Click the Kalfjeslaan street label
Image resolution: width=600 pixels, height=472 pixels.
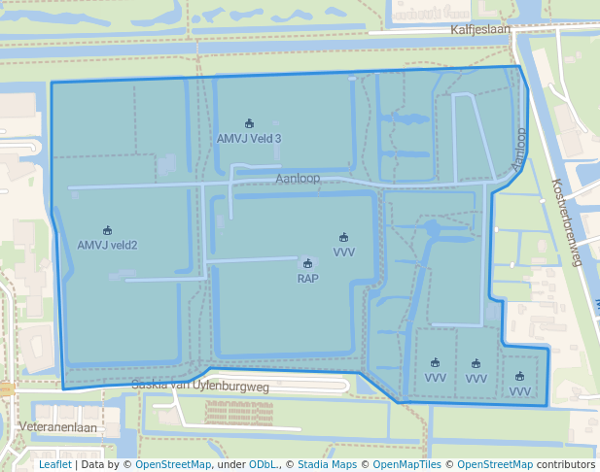(479, 30)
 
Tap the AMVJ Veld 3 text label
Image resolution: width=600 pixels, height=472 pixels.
(249, 139)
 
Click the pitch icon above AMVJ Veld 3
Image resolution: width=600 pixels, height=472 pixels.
(249, 123)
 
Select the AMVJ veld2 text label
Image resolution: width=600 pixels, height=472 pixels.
(107, 245)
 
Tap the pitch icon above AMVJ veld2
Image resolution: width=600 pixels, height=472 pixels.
(107, 230)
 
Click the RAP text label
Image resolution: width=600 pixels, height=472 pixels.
(307, 278)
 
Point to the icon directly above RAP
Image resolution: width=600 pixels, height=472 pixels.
(307, 263)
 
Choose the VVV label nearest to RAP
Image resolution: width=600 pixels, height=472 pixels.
(343, 252)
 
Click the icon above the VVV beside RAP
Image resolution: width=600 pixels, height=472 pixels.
(343, 237)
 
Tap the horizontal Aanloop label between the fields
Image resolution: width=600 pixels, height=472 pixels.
(298, 179)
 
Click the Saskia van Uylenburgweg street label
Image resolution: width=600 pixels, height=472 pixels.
(199, 387)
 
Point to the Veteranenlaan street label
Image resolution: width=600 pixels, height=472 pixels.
(58, 427)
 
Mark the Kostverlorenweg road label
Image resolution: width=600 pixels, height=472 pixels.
(565, 221)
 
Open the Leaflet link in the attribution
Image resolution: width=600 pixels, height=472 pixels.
(54, 464)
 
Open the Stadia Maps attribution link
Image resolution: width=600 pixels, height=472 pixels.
(327, 464)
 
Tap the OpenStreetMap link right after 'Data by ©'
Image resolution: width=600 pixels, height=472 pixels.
(173, 464)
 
